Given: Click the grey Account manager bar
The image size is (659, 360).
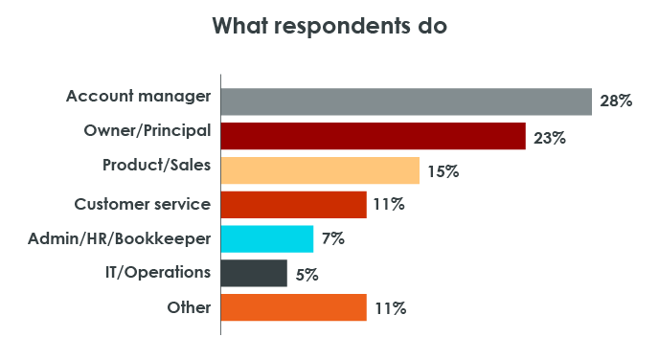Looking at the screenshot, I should click(x=406, y=101).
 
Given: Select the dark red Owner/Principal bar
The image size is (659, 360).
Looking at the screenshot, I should click(x=374, y=136).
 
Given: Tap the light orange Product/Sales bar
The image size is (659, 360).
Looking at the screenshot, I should click(x=320, y=170).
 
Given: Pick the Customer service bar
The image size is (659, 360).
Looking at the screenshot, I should click(x=294, y=205).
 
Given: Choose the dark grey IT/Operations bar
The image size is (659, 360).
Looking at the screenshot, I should click(x=254, y=274).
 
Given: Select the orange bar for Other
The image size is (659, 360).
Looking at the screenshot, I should click(x=294, y=308).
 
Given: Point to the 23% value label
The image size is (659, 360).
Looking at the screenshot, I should click(x=549, y=137).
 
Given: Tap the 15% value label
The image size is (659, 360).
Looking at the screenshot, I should click(x=443, y=171).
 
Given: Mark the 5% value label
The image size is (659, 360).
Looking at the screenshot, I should click(x=307, y=275).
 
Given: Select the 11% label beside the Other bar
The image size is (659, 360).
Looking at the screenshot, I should click(x=389, y=309).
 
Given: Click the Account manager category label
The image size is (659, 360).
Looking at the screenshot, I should click(x=138, y=96).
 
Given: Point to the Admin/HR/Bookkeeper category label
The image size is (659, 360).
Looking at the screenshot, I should click(x=120, y=237).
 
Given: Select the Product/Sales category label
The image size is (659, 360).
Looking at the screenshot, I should click(x=156, y=165).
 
